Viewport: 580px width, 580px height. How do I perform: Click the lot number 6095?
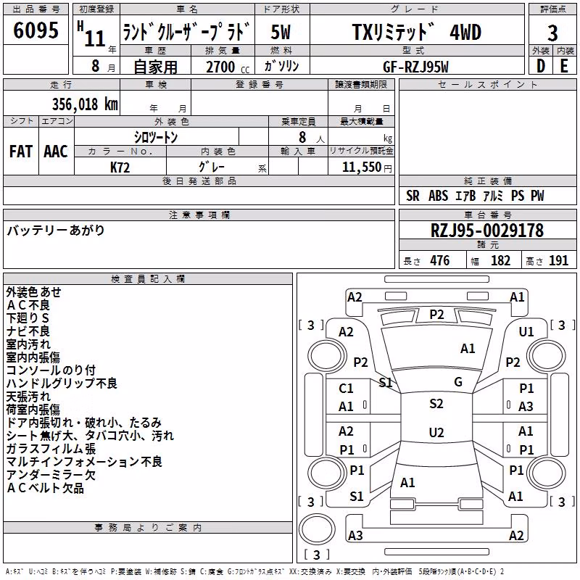tap(36, 30)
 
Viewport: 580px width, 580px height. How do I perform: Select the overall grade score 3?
tap(552, 33)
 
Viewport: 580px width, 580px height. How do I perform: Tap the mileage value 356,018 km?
tap(85, 104)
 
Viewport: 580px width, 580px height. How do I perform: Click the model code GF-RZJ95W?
tap(415, 67)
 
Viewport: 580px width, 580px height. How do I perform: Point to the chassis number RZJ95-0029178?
tap(487, 231)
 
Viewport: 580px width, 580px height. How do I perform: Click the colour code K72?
tap(120, 167)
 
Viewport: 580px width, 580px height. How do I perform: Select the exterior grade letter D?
tap(541, 66)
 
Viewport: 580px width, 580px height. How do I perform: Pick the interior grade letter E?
tap(564, 66)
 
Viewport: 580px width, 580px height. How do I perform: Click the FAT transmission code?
tap(21, 152)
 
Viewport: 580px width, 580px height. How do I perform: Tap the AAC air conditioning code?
tap(56, 152)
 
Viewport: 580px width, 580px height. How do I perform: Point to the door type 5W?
tap(281, 32)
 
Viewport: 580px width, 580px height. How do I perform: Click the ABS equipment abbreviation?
tap(439, 196)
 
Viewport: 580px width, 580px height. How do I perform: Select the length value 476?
tap(440, 260)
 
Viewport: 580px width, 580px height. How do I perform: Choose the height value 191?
tap(558, 260)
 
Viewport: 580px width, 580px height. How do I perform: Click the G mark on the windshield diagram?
tap(458, 382)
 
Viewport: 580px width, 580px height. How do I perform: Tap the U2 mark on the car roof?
tap(436, 432)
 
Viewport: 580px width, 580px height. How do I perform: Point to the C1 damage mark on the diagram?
tap(346, 389)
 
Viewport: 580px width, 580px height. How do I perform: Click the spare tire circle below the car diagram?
tap(317, 529)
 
